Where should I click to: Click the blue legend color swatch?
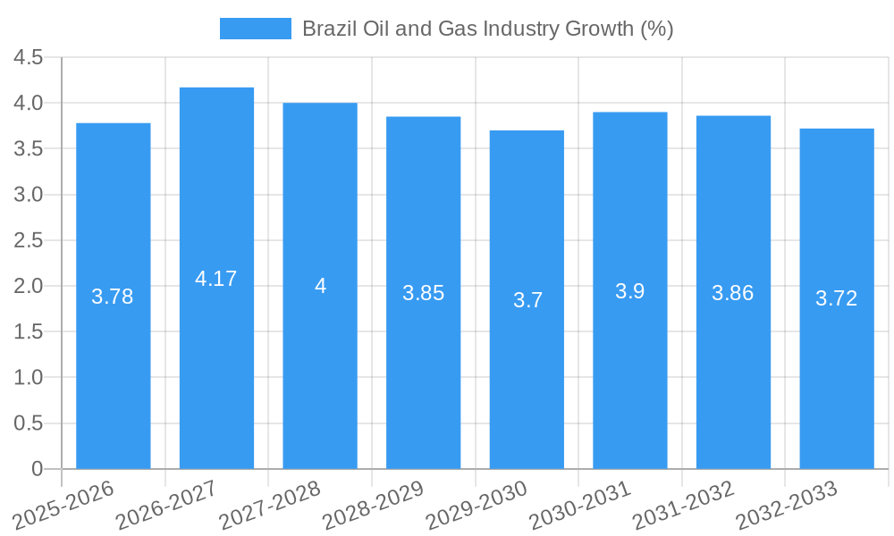pos(256,29)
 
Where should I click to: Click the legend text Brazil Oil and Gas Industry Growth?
pos(487,29)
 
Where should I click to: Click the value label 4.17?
pos(216,279)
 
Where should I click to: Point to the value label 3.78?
pos(113,297)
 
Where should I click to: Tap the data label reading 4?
pos(320,286)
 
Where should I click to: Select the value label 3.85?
pos(423,293)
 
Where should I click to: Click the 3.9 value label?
pos(629,290)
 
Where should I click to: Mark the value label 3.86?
pos(733,292)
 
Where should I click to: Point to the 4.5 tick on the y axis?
pos(29,57)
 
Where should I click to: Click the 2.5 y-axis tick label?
pos(29,240)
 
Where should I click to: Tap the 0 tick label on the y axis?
pos(37,469)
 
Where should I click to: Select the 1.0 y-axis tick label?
pos(29,378)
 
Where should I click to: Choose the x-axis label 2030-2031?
pos(580,504)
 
